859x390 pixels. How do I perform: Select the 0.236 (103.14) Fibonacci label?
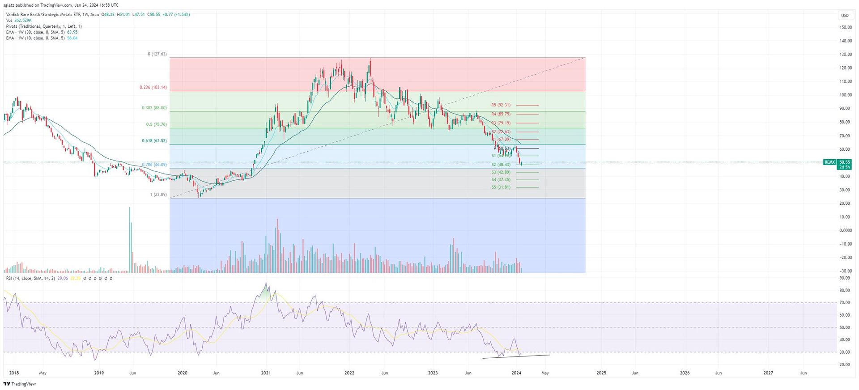pos(153,87)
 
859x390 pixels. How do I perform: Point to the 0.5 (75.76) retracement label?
pos(156,124)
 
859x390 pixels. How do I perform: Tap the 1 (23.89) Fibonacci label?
pos(158,195)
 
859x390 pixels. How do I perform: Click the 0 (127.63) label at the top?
pos(157,54)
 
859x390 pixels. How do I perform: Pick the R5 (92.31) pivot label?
pos(501,105)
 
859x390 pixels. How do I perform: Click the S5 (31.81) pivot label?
pos(501,187)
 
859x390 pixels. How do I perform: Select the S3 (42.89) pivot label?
pos(501,172)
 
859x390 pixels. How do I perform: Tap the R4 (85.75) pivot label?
pos(501,114)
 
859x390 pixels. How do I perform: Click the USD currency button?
pos(845,15)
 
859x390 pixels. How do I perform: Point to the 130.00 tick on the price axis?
pos(846,55)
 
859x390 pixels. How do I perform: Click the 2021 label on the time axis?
pos(266,373)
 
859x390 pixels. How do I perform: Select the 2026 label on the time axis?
pos(685,373)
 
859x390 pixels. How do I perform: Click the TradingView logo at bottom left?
pos(20,384)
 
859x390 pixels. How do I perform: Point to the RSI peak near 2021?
pos(266,284)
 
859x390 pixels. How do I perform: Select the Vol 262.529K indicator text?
pos(19,21)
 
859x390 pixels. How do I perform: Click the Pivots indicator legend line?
pos(44,26)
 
